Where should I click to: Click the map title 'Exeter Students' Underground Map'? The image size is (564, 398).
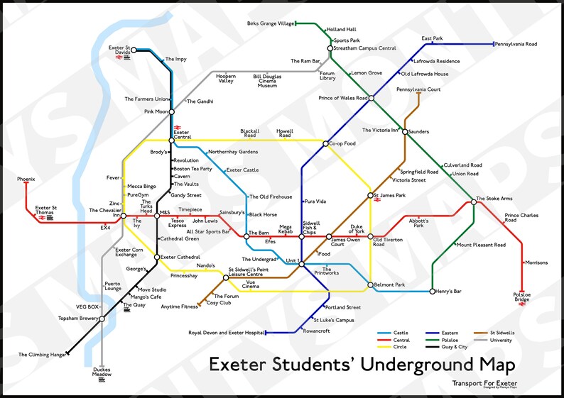pos(362,365)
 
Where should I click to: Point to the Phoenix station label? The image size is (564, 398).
pos(26,179)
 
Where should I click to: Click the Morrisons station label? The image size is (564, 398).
pos(536,262)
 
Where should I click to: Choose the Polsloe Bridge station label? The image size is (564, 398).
pos(522,297)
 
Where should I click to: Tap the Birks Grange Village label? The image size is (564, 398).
pos(270,23)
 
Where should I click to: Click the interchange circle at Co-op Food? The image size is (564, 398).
pos(326,144)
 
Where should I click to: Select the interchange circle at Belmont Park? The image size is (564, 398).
pos(370,285)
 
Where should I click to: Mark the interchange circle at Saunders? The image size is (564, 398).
pos(405,131)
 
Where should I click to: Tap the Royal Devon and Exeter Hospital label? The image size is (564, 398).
pos(226,332)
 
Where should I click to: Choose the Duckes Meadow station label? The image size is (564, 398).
pos(102,372)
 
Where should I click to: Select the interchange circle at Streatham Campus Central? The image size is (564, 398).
pos(330,48)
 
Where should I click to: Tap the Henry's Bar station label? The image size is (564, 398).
pos(448,292)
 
